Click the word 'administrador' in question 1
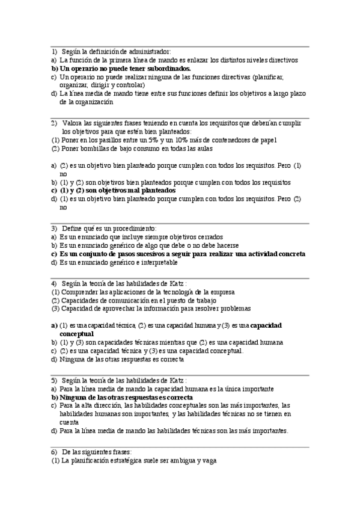pyautogui.click(x=150, y=52)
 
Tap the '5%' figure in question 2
pyautogui.click(x=150, y=140)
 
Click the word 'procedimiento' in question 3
pyautogui.click(x=136, y=229)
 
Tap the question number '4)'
pyautogui.click(x=54, y=283)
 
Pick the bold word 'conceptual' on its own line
pyautogui.click(x=76, y=333)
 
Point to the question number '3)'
pyautogui.click(x=54, y=229)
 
